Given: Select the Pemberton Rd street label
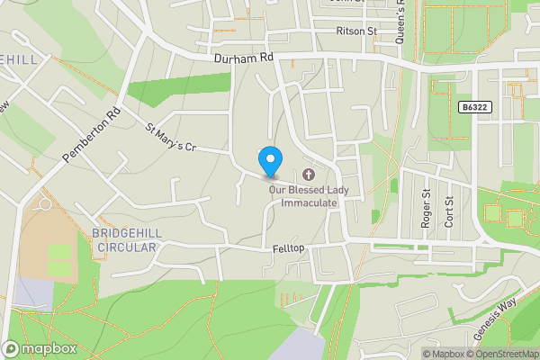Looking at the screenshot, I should click(x=92, y=136).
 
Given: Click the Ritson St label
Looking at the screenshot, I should click(x=355, y=31).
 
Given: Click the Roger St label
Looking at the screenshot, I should click(x=427, y=213).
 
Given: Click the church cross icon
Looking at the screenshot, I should click(x=310, y=174).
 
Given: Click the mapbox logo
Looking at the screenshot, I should click(x=38, y=348).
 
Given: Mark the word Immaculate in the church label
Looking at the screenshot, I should click(x=310, y=202).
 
